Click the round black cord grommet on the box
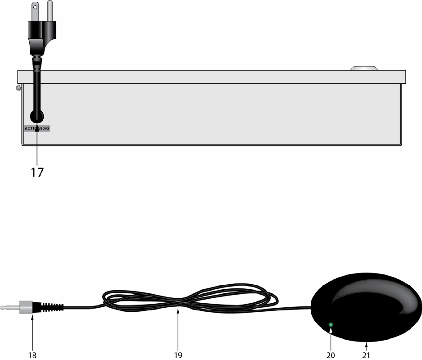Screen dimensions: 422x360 coord(36,116)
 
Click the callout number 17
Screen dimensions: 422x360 coord(37,172)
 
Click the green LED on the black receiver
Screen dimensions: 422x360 coord(331,325)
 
